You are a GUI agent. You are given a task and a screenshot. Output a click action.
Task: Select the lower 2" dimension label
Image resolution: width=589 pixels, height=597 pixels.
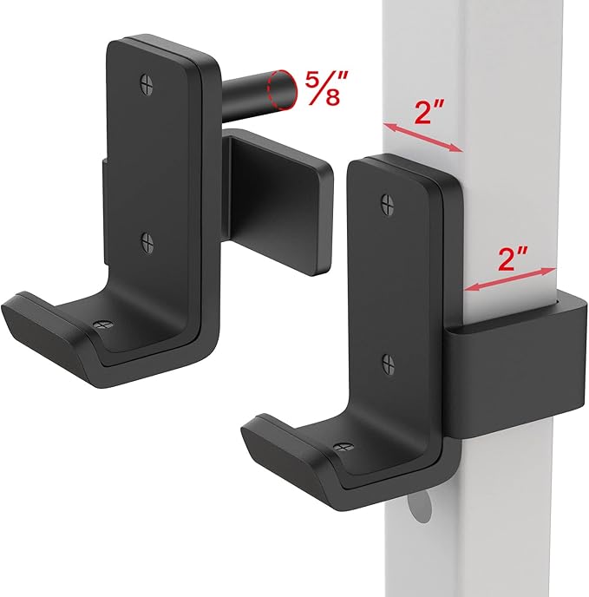(x=513, y=258)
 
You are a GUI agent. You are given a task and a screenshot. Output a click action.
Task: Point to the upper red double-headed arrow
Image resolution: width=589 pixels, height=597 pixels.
(x=422, y=137)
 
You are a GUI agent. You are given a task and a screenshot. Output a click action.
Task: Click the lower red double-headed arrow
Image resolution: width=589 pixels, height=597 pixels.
(x=509, y=279)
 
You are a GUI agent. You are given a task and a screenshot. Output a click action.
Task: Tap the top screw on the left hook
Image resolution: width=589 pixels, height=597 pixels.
(x=147, y=84)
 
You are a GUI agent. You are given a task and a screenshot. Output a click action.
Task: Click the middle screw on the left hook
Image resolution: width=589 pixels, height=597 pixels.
(x=147, y=242)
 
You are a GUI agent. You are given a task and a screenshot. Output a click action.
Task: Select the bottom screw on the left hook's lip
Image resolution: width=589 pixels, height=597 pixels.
(x=102, y=325)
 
